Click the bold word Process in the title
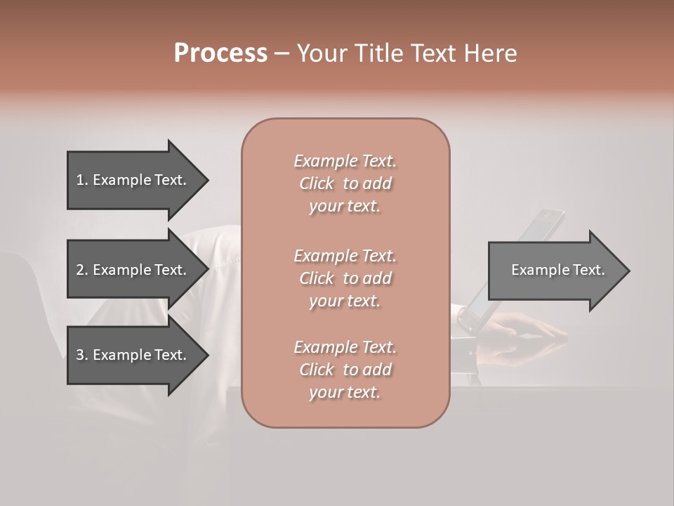click(x=220, y=53)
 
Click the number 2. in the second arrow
click(x=81, y=270)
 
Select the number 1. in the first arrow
click(x=81, y=180)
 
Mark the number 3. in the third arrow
click(x=81, y=355)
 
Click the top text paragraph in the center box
click(x=345, y=183)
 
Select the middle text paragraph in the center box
click(x=345, y=278)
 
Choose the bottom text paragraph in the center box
click(x=345, y=370)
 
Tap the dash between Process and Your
click(x=282, y=53)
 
